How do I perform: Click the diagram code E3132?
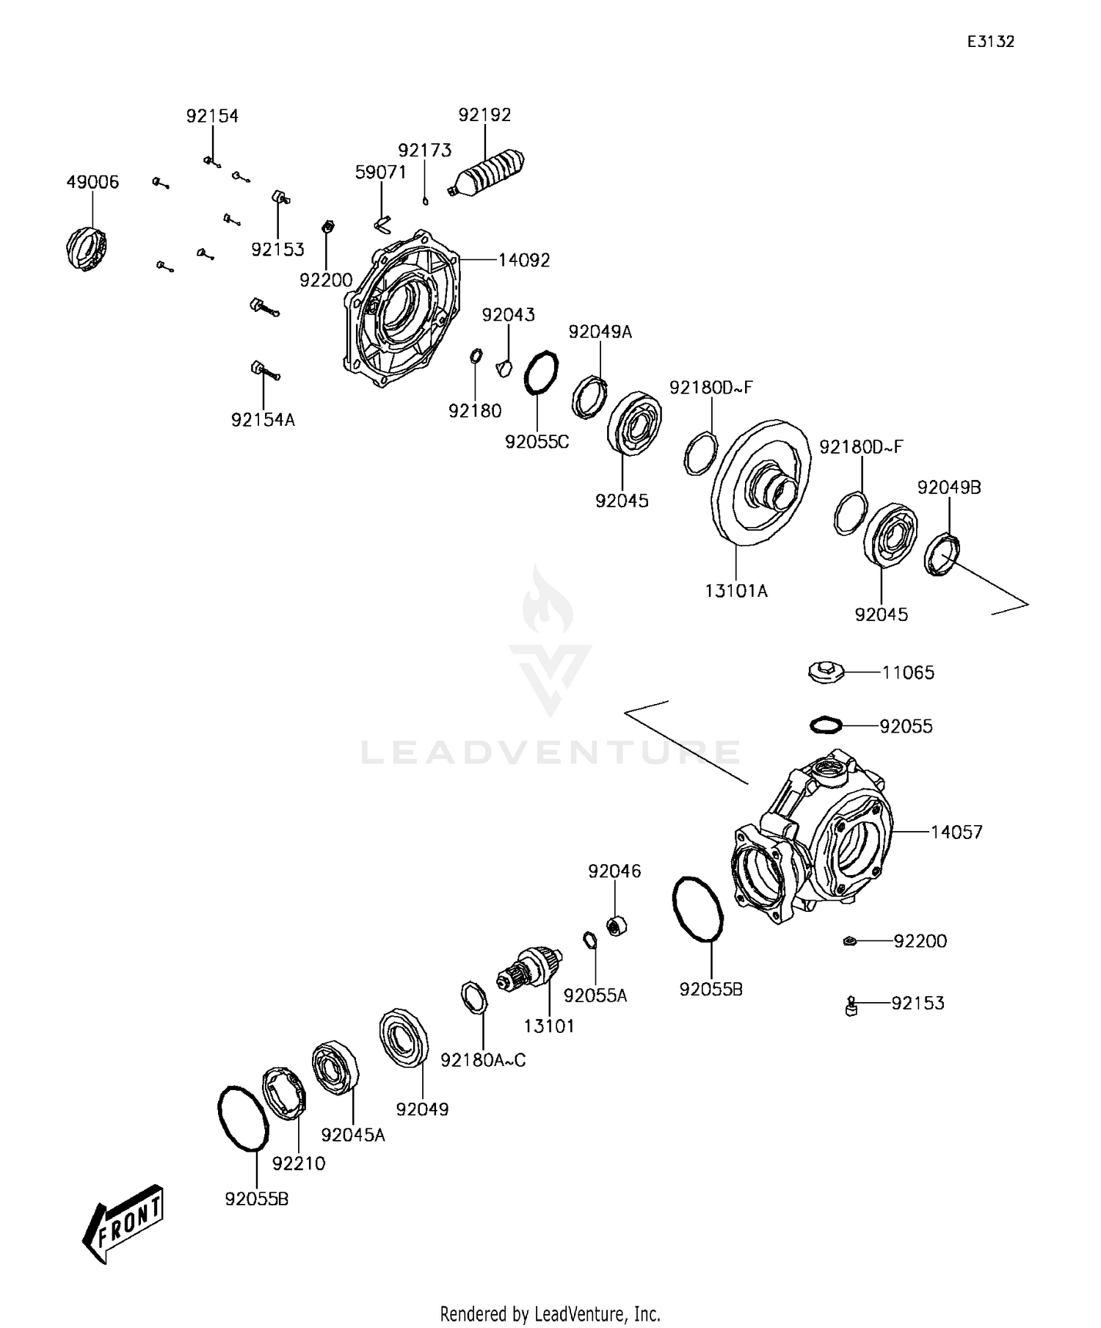(x=990, y=42)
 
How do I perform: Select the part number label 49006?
(x=92, y=182)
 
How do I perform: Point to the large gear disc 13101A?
(x=762, y=483)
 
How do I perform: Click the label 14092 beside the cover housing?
(x=523, y=261)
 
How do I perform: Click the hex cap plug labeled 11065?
(x=826, y=671)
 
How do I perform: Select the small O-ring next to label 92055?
(x=826, y=725)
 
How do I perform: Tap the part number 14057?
(x=956, y=832)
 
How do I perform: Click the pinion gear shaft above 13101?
(x=530, y=968)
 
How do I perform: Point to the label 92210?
(x=298, y=1163)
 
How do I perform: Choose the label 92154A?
(x=263, y=420)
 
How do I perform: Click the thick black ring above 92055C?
(x=541, y=372)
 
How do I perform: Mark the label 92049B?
(x=948, y=487)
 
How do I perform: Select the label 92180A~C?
(x=483, y=1060)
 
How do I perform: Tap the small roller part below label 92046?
(x=616, y=926)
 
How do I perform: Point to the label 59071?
(x=380, y=173)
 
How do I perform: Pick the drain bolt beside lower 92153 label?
(x=851, y=1006)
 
